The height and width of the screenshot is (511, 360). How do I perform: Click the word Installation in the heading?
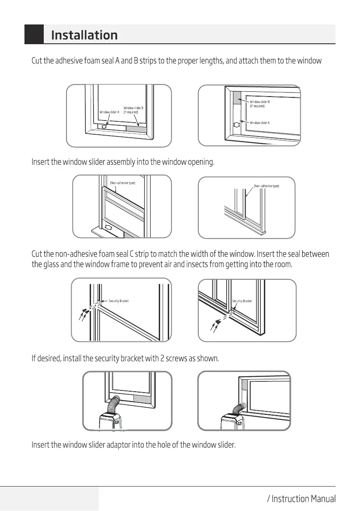click(x=84, y=35)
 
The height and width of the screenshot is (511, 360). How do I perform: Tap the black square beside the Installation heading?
click(x=34, y=35)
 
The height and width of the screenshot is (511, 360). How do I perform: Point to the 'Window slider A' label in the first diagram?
click(x=109, y=112)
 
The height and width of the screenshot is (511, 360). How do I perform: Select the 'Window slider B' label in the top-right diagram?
click(x=260, y=102)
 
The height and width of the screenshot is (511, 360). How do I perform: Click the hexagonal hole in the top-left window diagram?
click(x=103, y=127)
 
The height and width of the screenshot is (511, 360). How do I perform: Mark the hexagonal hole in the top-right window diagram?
click(x=236, y=124)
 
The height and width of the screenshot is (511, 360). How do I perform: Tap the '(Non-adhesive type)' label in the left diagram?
click(x=123, y=183)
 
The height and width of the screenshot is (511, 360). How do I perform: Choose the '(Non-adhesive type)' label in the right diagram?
click(x=266, y=186)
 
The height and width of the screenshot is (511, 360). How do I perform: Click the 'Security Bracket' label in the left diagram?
click(x=119, y=301)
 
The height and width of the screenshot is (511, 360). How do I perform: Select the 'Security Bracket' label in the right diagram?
click(x=242, y=301)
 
